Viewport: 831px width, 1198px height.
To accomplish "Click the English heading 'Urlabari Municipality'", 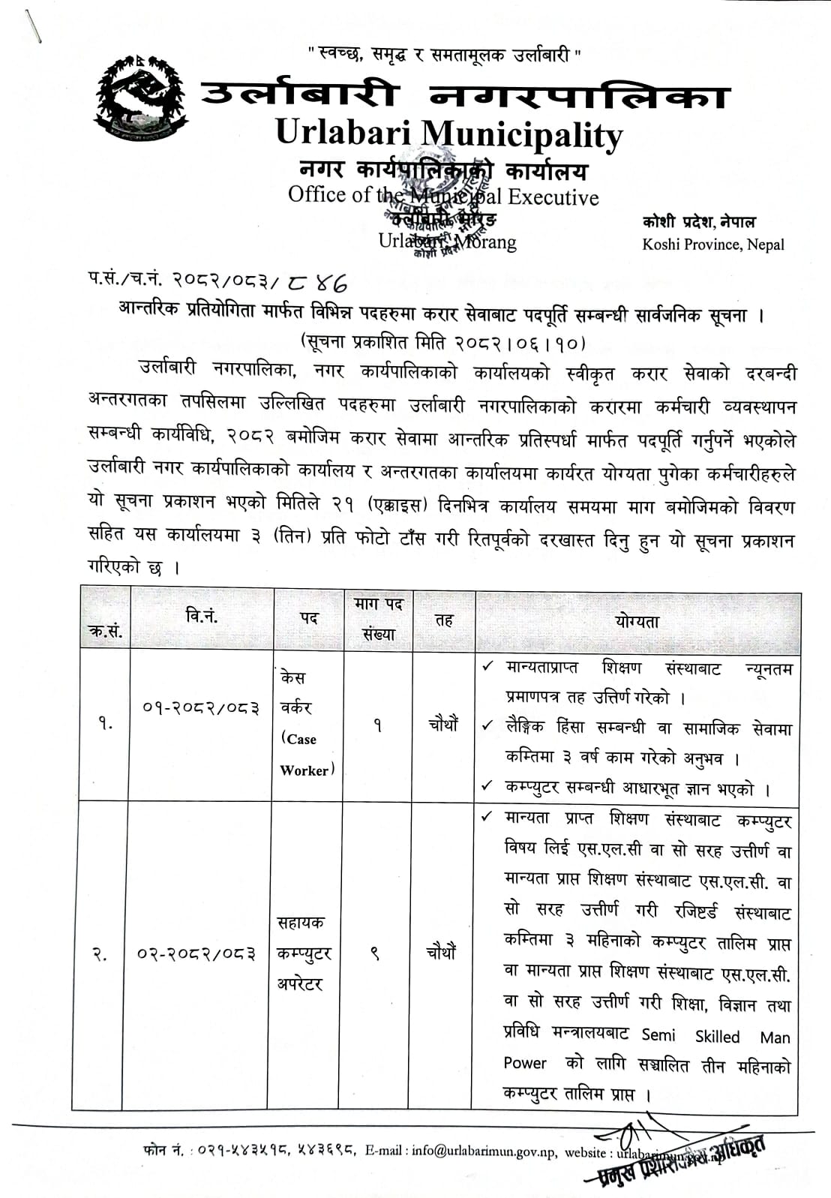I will pos(449,134).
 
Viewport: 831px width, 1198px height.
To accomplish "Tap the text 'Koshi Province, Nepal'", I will pos(712,245).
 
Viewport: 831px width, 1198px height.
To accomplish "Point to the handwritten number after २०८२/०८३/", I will pos(316,282).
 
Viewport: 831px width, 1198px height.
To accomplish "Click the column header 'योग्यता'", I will pos(636,621).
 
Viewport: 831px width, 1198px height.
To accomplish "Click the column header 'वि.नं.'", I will pos(201,617).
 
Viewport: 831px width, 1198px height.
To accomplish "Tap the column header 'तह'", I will pos(444,620).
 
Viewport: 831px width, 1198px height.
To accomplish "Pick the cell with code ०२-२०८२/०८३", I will pos(196,953).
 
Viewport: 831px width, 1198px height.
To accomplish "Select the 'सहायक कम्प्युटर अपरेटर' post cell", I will pos(303,953).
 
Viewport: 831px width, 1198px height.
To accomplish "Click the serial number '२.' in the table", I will pos(99,954).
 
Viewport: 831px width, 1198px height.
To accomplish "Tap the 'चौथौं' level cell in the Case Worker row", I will pos(442,725).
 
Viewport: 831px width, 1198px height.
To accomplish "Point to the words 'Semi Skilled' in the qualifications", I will pos(690,1036).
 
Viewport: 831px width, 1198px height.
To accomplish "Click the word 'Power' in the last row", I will pos(525,1063).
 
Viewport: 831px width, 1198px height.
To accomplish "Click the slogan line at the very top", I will pos(444,54).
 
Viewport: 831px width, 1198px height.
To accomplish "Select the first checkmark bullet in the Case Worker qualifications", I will pos(488,666).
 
